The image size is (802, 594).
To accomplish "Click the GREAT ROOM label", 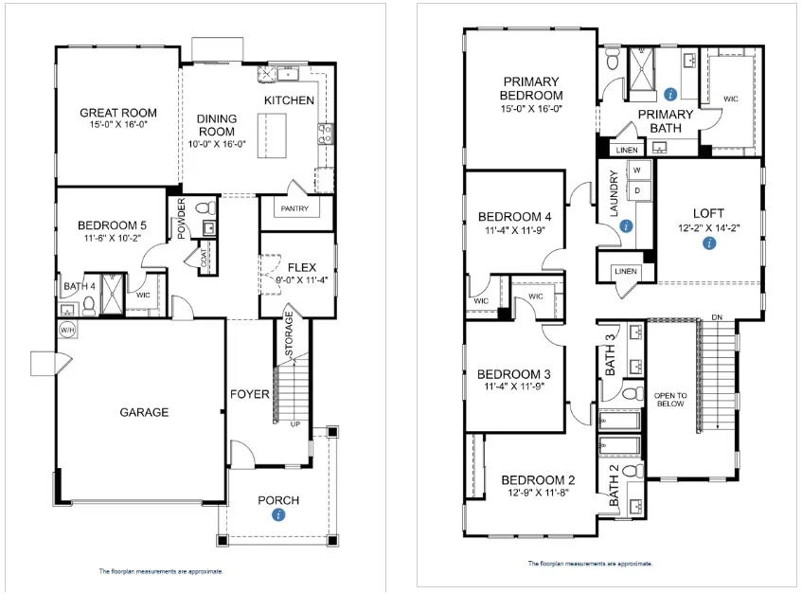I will coord(117,113).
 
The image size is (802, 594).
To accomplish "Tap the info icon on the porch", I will coord(278,514).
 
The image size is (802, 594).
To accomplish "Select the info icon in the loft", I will coord(708,243).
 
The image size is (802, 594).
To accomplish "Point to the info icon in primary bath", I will coord(670,94).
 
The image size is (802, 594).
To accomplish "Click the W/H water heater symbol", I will coord(66,330).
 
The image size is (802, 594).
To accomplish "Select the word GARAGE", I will coord(144,412).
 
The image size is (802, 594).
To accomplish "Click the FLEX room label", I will coord(301,267).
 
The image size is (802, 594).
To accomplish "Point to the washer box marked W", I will coord(636,171).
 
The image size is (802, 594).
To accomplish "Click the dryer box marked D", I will coord(636,189).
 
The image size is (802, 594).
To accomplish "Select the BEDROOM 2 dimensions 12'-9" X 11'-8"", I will coord(535,492).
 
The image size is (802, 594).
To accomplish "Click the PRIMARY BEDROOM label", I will coord(532,88).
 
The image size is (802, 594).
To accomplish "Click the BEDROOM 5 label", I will coord(112,225).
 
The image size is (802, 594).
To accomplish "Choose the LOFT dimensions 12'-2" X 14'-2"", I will coord(708,227).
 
